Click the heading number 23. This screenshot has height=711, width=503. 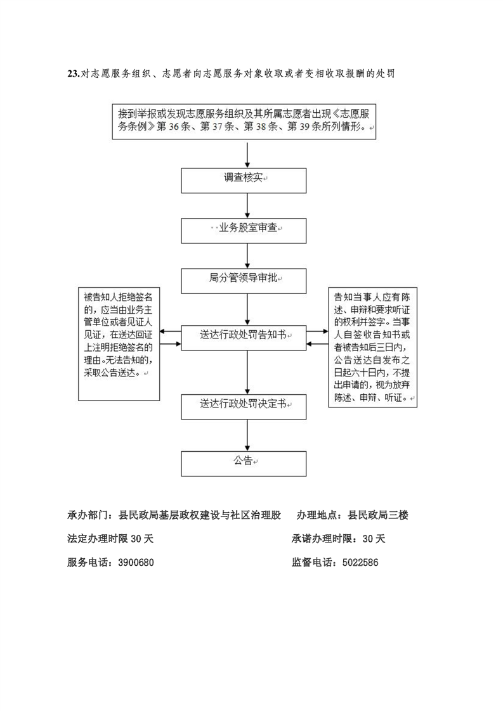(73, 74)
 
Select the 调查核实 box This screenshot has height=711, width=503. (244, 181)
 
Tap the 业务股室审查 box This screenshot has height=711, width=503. (244, 231)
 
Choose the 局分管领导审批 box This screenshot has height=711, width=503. (244, 281)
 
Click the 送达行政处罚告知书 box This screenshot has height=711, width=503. (244, 338)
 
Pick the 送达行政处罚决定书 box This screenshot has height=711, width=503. (244, 407)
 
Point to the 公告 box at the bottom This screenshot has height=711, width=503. (244, 463)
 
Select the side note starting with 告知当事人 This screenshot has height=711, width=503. (373, 347)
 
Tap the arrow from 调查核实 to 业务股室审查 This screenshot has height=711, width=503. (247, 206)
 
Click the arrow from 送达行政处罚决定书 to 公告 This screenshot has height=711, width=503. (247, 435)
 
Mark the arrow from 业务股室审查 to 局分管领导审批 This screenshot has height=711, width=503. (247, 256)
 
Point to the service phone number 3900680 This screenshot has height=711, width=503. (136, 563)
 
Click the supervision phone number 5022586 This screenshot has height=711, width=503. (360, 563)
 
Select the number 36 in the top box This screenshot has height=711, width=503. (174, 127)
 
